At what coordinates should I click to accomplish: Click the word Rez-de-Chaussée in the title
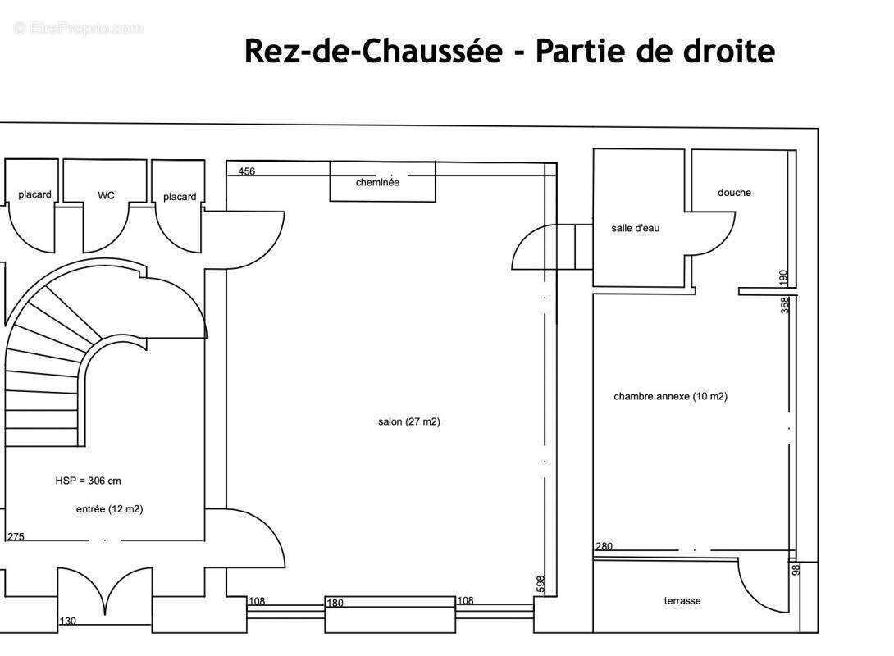[373, 51]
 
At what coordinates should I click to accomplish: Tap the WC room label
[106, 195]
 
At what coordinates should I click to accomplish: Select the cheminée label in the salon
[377, 182]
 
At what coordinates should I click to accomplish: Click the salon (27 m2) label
[409, 421]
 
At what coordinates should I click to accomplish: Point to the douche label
[734, 193]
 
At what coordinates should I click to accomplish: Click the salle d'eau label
[635, 228]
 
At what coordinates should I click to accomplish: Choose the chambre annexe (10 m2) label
[670, 396]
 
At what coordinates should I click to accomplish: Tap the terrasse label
[682, 600]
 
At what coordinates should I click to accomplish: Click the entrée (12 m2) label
[109, 508]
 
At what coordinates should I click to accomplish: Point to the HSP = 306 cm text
[88, 481]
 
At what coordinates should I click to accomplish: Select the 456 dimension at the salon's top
[246, 171]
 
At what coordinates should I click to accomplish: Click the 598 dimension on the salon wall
[541, 585]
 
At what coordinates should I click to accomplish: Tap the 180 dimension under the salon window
[335, 603]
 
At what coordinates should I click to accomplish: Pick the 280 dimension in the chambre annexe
[604, 546]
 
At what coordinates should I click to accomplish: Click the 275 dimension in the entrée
[16, 536]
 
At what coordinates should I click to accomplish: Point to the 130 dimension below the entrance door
[67, 621]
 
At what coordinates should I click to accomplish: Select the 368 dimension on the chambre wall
[785, 304]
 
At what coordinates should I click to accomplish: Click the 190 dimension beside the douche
[783, 277]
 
